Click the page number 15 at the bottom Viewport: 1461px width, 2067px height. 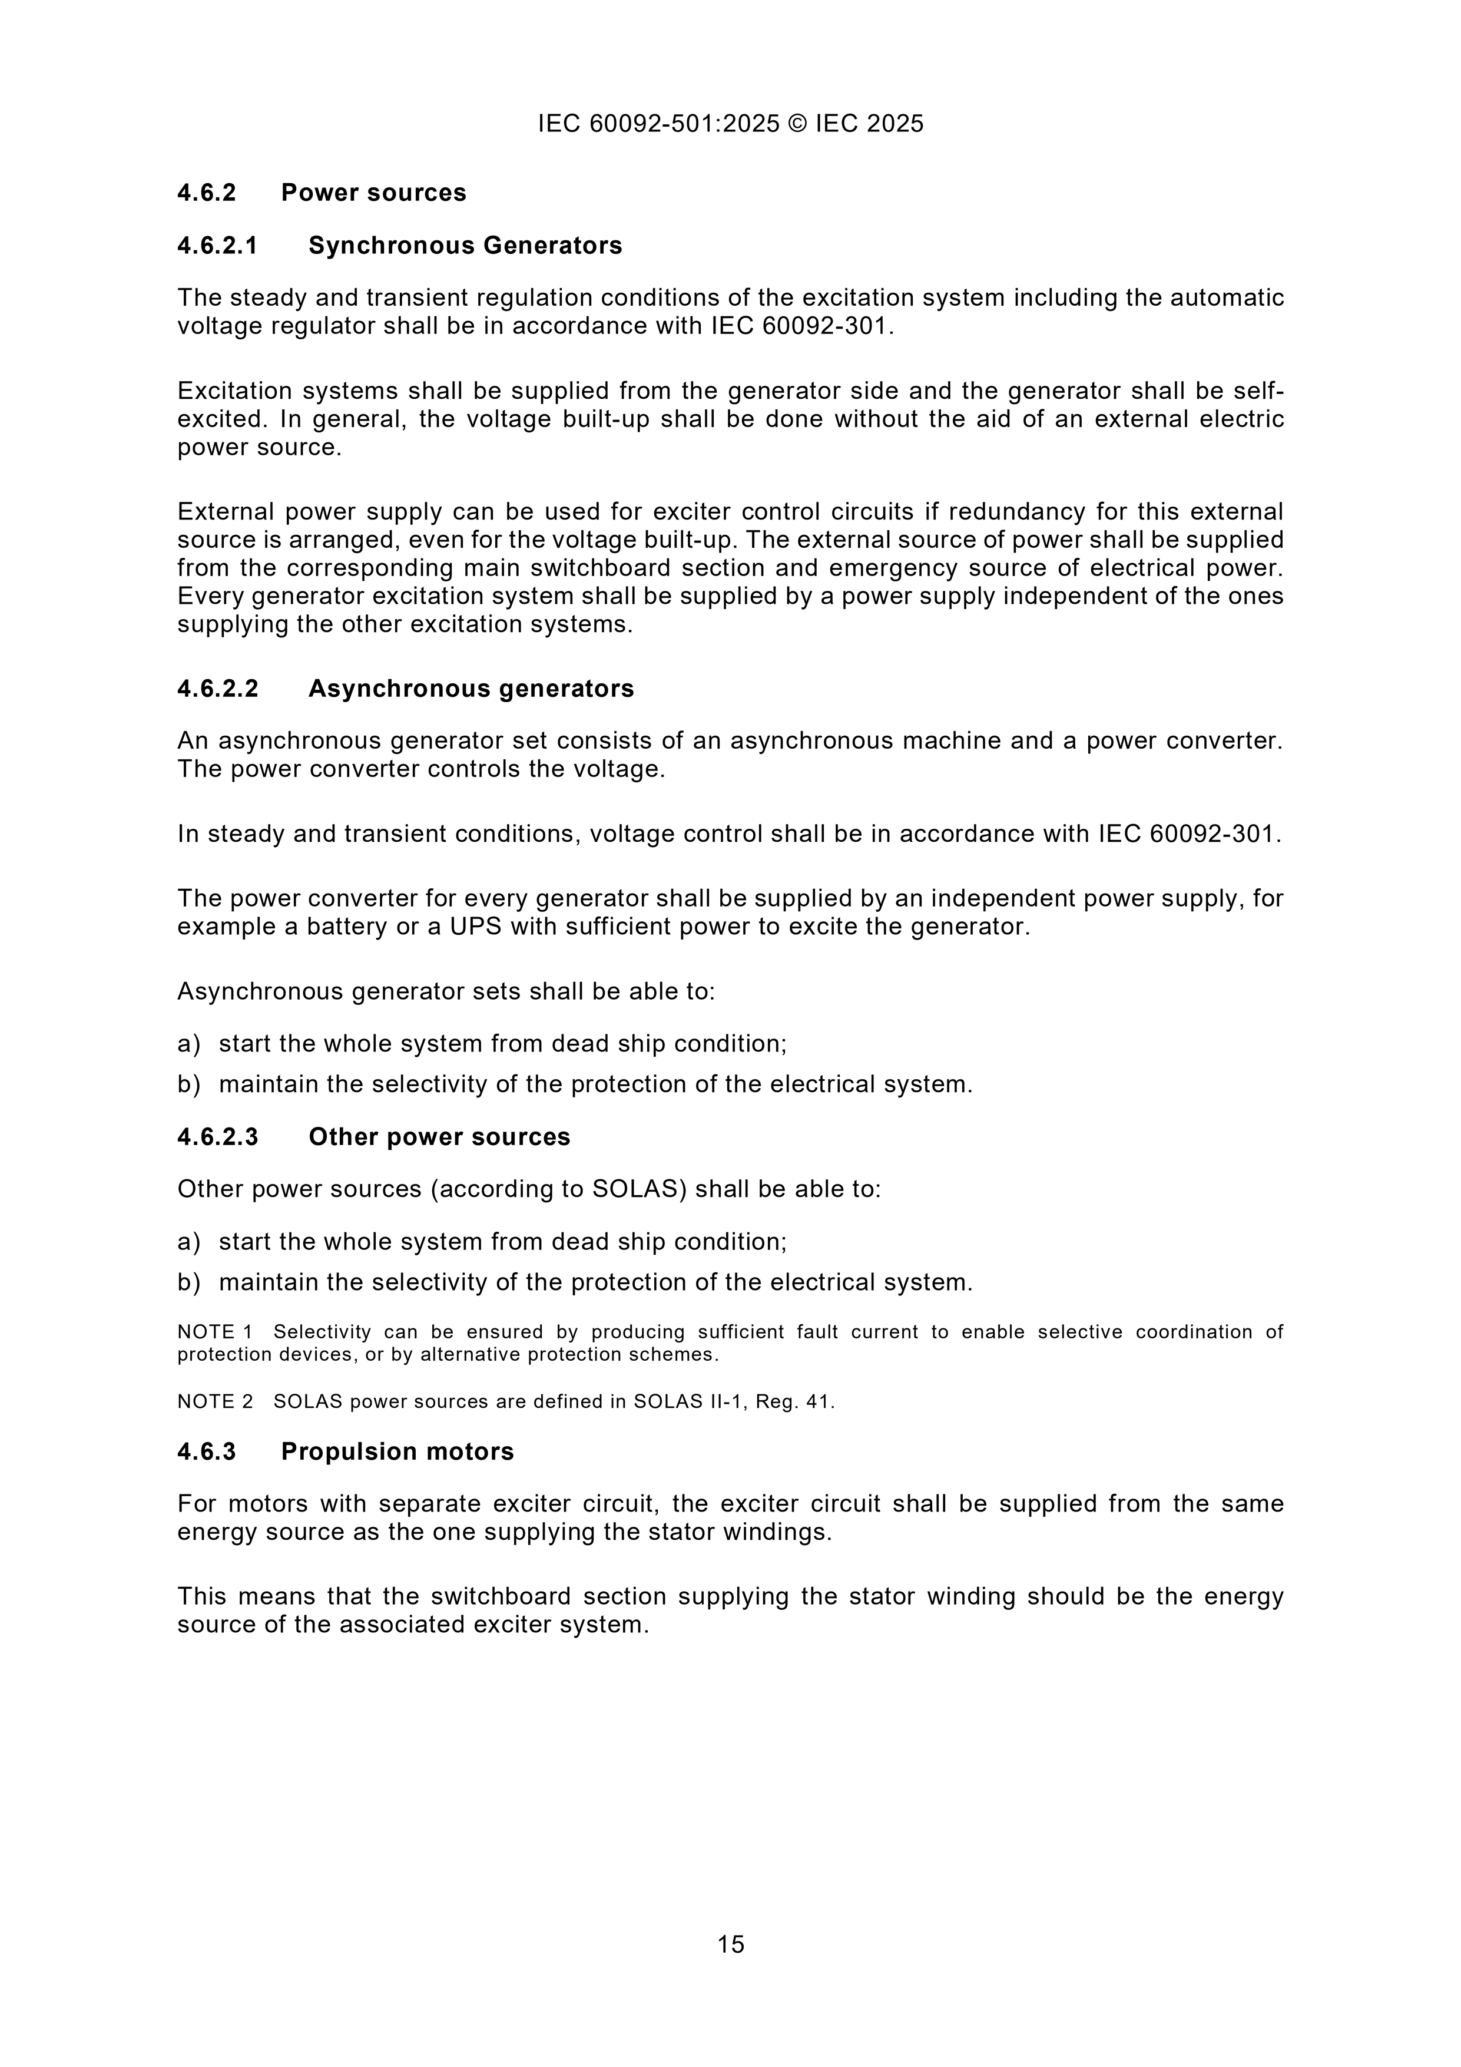(730, 1944)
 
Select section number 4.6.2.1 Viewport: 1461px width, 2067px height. (217, 246)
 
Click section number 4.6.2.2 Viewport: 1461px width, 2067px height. (217, 689)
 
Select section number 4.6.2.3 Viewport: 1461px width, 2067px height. (217, 1137)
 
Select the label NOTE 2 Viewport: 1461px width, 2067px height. (215, 1402)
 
